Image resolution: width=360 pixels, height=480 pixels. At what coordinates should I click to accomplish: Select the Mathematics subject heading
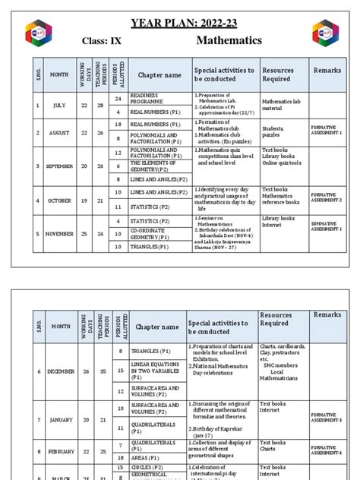pos(229,40)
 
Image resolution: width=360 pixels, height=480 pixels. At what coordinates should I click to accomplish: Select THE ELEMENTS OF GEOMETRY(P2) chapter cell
pos(158,166)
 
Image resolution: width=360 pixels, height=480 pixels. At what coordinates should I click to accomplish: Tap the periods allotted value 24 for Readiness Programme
pos(118,98)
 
